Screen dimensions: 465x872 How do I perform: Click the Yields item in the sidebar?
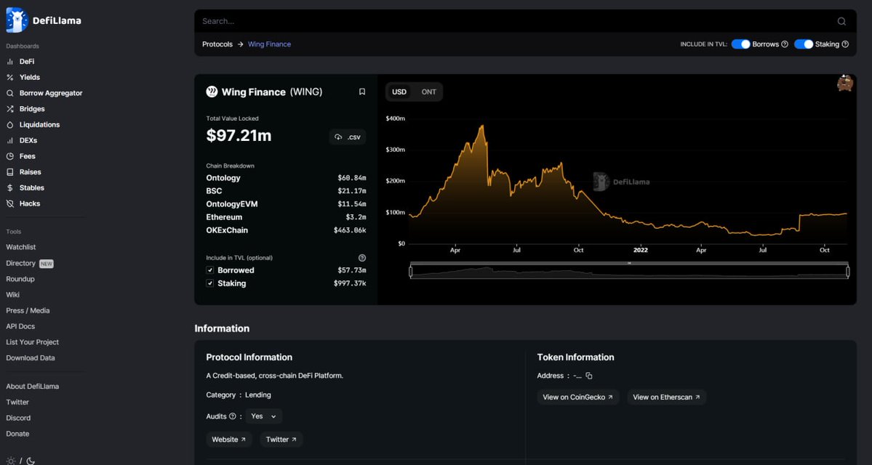point(29,78)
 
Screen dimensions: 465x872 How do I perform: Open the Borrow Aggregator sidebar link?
point(50,93)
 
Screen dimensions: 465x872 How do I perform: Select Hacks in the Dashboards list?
point(29,204)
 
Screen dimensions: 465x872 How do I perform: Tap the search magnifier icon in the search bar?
point(841,22)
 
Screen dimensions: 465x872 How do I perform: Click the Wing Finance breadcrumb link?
point(269,44)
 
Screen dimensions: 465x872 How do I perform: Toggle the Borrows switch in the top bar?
point(740,44)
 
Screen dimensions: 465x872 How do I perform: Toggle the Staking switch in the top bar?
point(803,44)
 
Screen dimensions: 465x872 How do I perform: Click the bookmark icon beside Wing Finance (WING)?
point(362,92)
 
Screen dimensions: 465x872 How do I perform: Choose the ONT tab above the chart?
point(429,92)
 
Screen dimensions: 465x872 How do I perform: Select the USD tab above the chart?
point(399,92)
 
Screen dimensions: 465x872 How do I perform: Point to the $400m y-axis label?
point(396,118)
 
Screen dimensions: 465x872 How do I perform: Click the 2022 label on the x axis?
point(640,250)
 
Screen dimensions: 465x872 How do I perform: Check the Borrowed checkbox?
point(210,270)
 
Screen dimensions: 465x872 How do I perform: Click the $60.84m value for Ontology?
point(351,178)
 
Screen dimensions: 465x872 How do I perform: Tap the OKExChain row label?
point(227,230)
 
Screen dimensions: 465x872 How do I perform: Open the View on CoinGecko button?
point(578,397)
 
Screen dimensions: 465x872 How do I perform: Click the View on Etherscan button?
point(666,397)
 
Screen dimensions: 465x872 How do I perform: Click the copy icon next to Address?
point(589,376)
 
